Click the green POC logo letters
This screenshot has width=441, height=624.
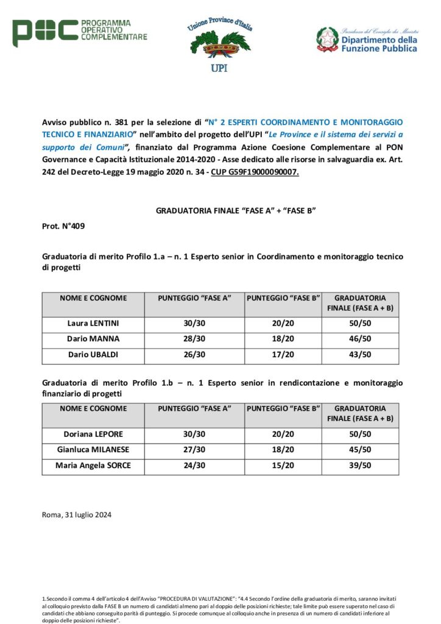pos(45,33)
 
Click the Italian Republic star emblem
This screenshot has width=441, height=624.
pos(327,39)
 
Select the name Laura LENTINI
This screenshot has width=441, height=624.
pos(93,323)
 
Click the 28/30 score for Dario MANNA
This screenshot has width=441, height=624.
pos(194,338)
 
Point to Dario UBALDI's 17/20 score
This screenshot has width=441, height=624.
pos(283,355)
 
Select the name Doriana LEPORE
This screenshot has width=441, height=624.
pos(93,434)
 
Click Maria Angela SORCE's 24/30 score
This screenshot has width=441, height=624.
pos(194,466)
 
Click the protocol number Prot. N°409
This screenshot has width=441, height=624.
pos(63,226)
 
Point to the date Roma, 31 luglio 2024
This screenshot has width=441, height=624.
pos(77,514)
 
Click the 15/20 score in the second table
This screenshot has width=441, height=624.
pos(283,466)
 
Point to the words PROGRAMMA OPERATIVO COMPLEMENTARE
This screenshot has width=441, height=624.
pos(114,30)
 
